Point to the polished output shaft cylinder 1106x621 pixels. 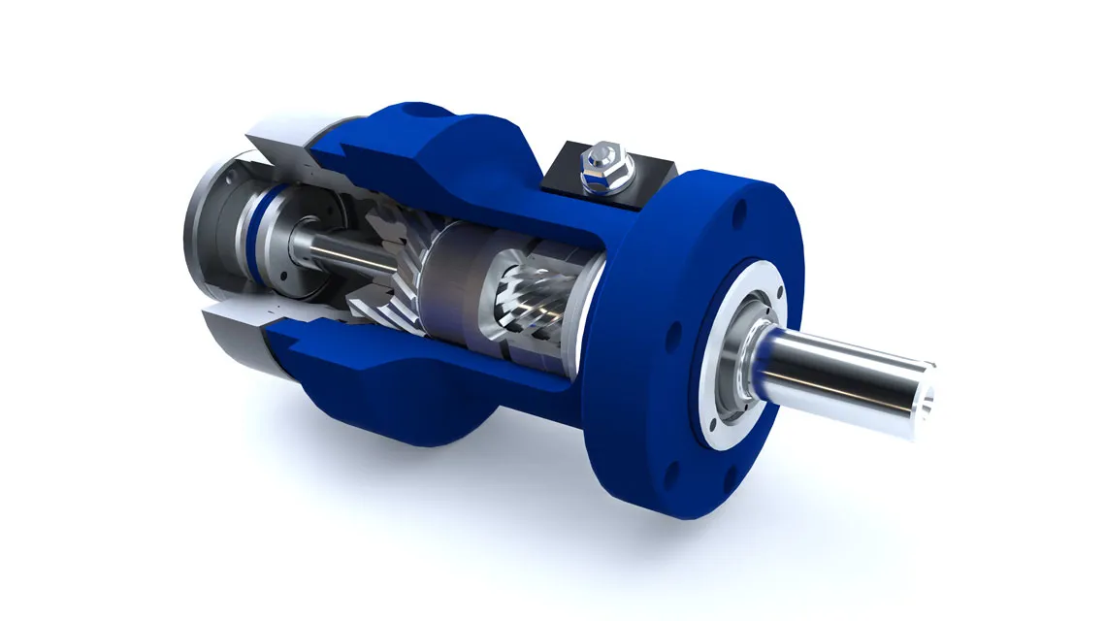click(844, 374)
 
